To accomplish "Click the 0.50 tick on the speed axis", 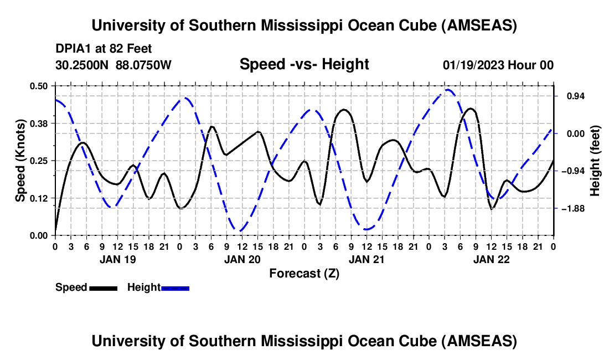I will pos(40,86).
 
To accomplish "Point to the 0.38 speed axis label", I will pos(40,123).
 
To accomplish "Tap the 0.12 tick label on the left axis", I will pos(40,198).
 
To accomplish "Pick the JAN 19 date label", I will pos(117,259).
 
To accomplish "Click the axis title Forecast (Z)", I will pos(304,273).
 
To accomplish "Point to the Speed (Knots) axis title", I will pos(20,161).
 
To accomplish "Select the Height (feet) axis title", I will pos(596,161).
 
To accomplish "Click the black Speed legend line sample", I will pos(103,288).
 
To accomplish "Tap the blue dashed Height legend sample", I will pos(176,288).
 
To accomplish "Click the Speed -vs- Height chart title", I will pos(304,65).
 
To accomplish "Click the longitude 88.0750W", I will pos(144,65).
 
